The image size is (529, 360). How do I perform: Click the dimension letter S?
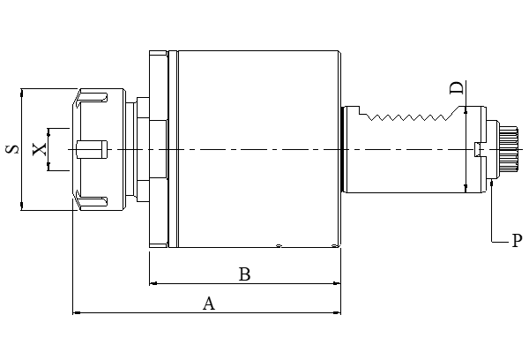[x=12, y=149]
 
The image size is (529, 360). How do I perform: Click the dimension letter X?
[x=40, y=148]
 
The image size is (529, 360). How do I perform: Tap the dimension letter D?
[x=456, y=88]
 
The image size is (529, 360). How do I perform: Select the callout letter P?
[x=517, y=240]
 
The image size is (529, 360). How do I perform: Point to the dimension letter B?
[x=245, y=274]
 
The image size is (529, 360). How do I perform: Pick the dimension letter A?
[x=209, y=304]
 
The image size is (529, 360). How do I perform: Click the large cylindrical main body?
[x=256, y=149]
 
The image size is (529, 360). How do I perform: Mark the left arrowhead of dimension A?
[x=77, y=311]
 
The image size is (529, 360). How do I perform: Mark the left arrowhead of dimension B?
[x=153, y=283]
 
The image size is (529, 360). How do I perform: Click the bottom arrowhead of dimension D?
[x=465, y=187]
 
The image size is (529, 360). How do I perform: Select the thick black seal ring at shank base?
[x=342, y=149]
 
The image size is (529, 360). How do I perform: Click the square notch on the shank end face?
[x=478, y=149]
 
